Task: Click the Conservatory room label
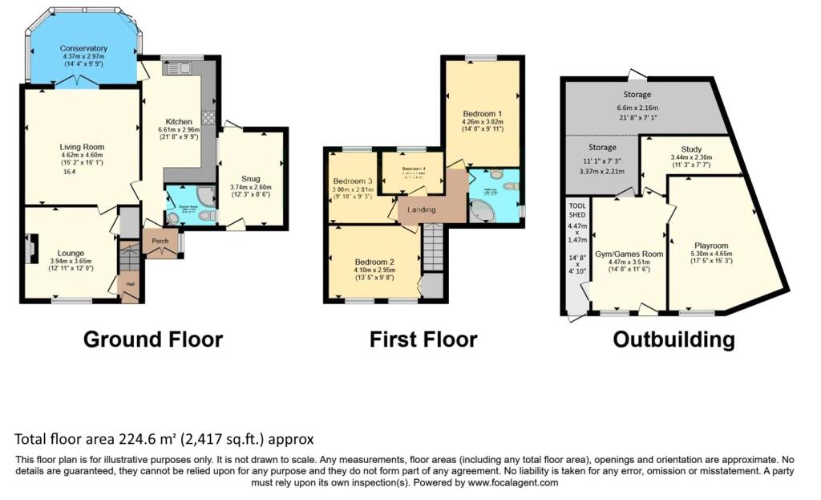(83, 48)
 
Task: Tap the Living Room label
(82, 147)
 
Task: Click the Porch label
(156, 239)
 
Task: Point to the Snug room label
(250, 178)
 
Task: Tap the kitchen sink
(176, 70)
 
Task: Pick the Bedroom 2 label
(374, 262)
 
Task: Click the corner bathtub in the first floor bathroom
(483, 210)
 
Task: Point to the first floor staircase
(432, 247)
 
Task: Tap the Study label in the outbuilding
(691, 148)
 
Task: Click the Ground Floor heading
(153, 339)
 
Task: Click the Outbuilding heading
(673, 339)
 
